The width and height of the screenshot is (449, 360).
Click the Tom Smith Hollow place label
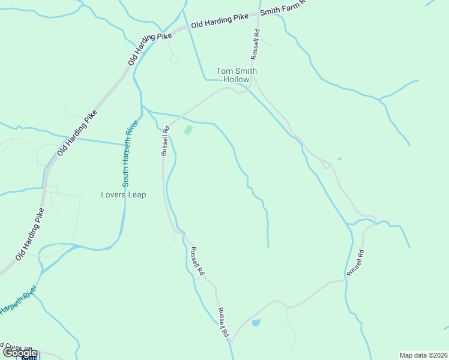[x=237, y=75]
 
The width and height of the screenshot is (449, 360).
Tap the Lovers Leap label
[x=123, y=194]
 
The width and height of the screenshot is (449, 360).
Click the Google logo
[x=20, y=353]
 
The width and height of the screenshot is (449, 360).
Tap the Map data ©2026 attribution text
[x=423, y=355]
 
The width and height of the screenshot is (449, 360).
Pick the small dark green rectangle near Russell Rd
[x=188, y=130]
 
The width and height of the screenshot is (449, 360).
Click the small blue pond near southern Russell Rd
[x=256, y=323]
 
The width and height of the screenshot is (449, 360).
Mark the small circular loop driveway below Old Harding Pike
[x=174, y=59]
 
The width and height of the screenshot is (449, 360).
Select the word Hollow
[x=237, y=79]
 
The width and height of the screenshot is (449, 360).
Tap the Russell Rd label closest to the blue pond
[x=224, y=322]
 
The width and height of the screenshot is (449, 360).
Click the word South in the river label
[x=125, y=176]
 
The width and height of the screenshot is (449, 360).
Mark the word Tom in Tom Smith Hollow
[x=223, y=71]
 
